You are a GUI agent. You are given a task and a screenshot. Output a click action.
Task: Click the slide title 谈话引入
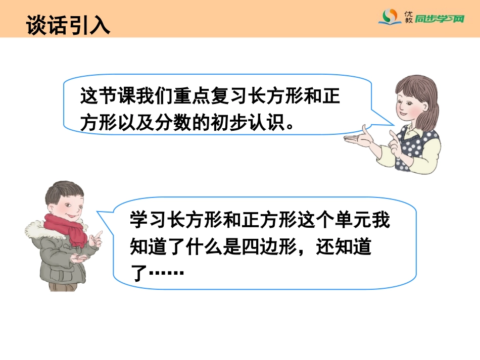point(68,25)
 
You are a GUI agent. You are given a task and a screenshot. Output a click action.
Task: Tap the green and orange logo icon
point(390,18)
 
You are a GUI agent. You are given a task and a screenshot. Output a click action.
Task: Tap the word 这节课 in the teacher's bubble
point(105,95)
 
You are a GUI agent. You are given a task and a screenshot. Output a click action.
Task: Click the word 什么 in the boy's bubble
point(213,247)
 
